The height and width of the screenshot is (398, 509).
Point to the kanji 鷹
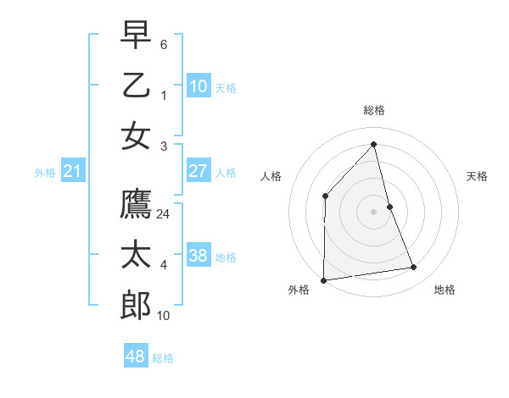pos(136,204)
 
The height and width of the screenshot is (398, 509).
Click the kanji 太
pos(136,255)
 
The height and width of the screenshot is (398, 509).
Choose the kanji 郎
pos(136,306)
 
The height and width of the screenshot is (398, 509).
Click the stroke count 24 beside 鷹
pos(164,214)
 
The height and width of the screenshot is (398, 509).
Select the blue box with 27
pos(199,170)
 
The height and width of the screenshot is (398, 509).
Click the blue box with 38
pos(199,255)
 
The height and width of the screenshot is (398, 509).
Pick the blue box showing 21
pos(73,172)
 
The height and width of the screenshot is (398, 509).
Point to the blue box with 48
pos(136,357)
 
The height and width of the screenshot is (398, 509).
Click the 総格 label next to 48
pos(163,359)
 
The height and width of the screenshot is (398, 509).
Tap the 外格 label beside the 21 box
pos(45,173)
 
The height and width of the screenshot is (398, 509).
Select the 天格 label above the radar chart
pos(477,176)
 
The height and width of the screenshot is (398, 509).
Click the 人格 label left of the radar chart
pos(271,176)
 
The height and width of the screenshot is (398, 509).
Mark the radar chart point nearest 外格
pos(323,280)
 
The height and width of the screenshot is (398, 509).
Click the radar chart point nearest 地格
pos(414,268)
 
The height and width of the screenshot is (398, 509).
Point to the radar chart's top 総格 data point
pos(373,145)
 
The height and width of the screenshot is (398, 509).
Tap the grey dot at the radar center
pos(373,211)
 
